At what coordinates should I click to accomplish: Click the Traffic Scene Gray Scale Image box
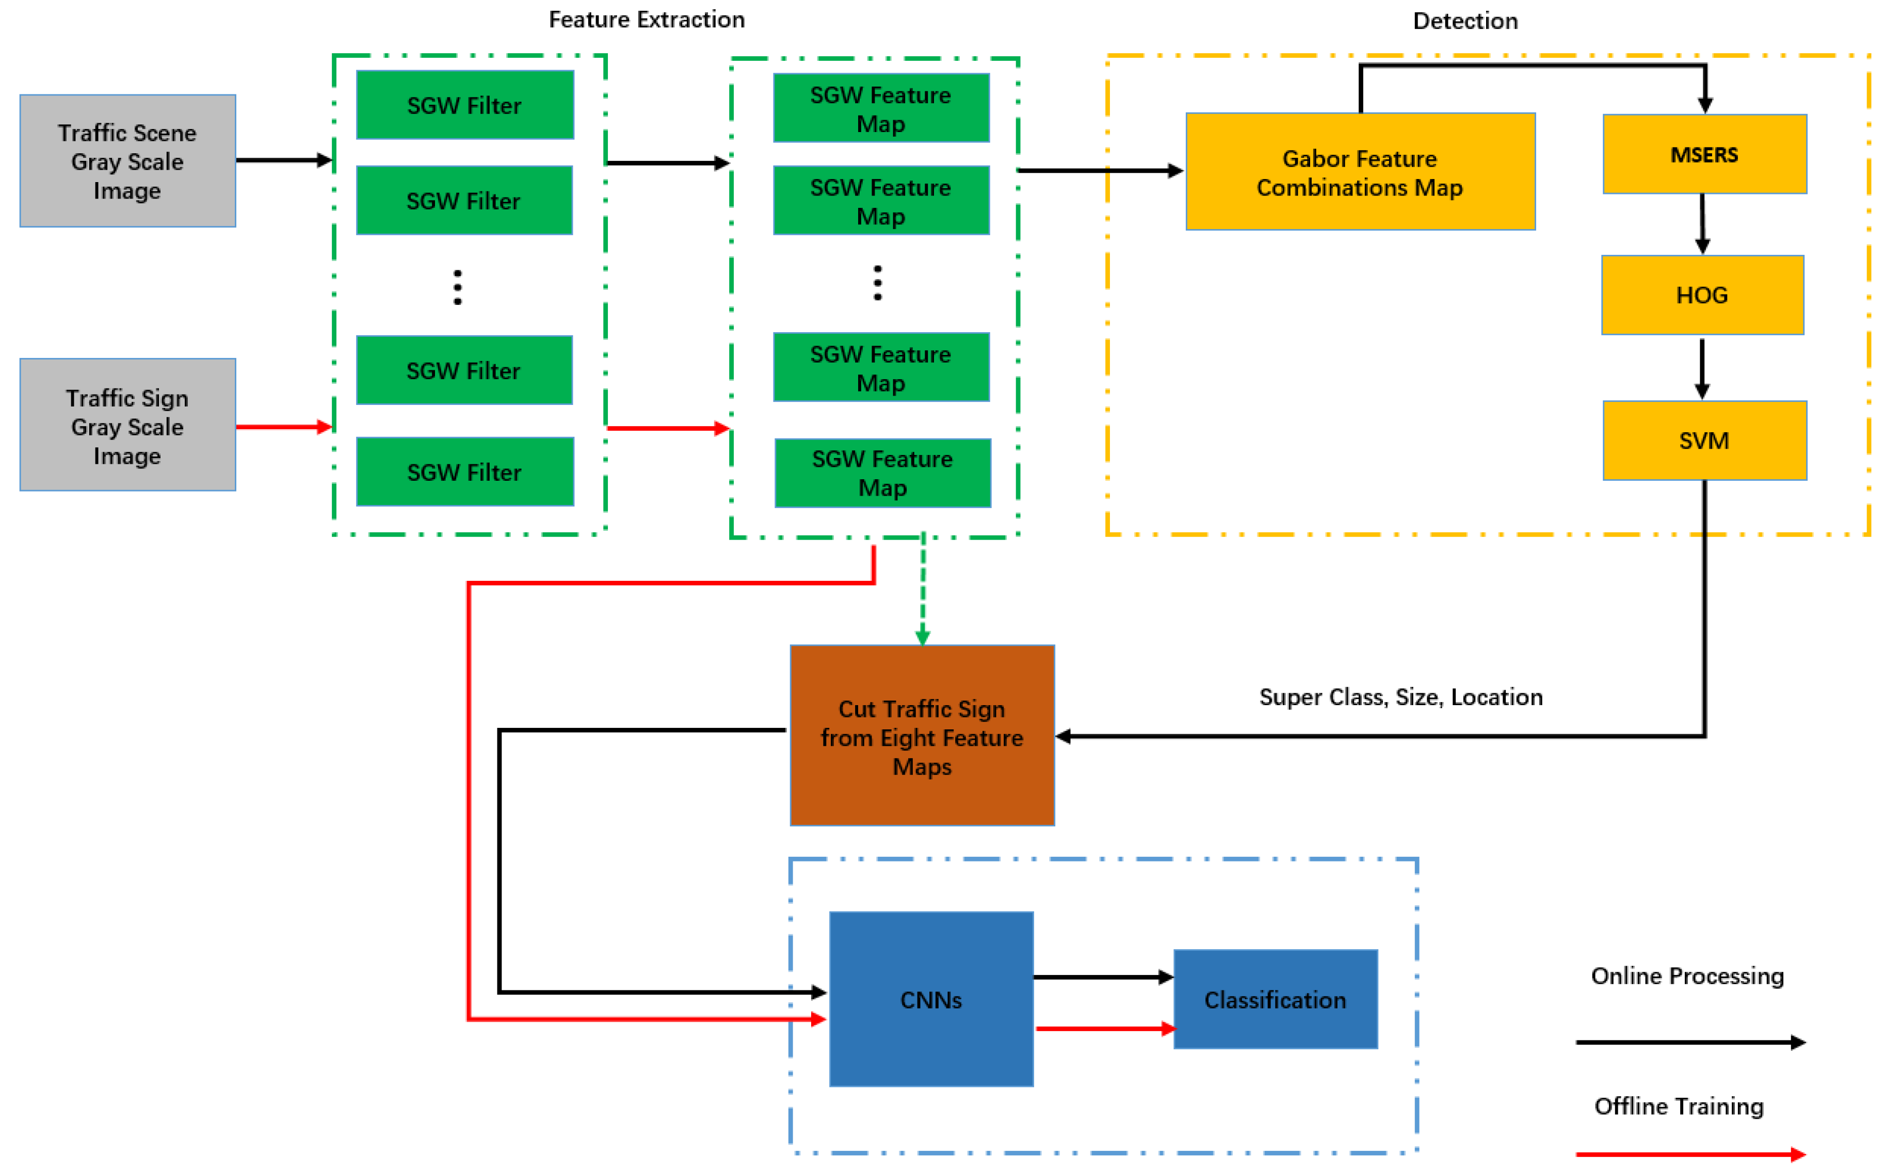point(127,160)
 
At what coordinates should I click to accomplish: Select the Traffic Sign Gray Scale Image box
point(127,425)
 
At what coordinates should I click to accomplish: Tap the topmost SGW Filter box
point(465,105)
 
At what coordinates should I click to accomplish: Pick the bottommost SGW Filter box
point(465,471)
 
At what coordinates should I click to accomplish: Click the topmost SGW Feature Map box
point(881,108)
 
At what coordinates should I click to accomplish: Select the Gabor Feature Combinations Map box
point(1360,171)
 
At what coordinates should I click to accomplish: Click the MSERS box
point(1704,154)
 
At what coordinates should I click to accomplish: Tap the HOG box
point(1702,295)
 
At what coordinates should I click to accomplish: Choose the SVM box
point(1704,440)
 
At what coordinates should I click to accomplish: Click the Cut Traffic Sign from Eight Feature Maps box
point(922,736)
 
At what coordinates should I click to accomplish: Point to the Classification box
point(1275,999)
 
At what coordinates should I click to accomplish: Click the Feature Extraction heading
point(647,20)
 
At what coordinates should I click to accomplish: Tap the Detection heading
point(1465,21)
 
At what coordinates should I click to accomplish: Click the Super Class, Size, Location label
point(1401,697)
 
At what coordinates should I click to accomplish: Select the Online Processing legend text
point(1687,975)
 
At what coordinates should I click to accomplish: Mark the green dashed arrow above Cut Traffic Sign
point(922,590)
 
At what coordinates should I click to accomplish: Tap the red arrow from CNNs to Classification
point(1105,1029)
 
